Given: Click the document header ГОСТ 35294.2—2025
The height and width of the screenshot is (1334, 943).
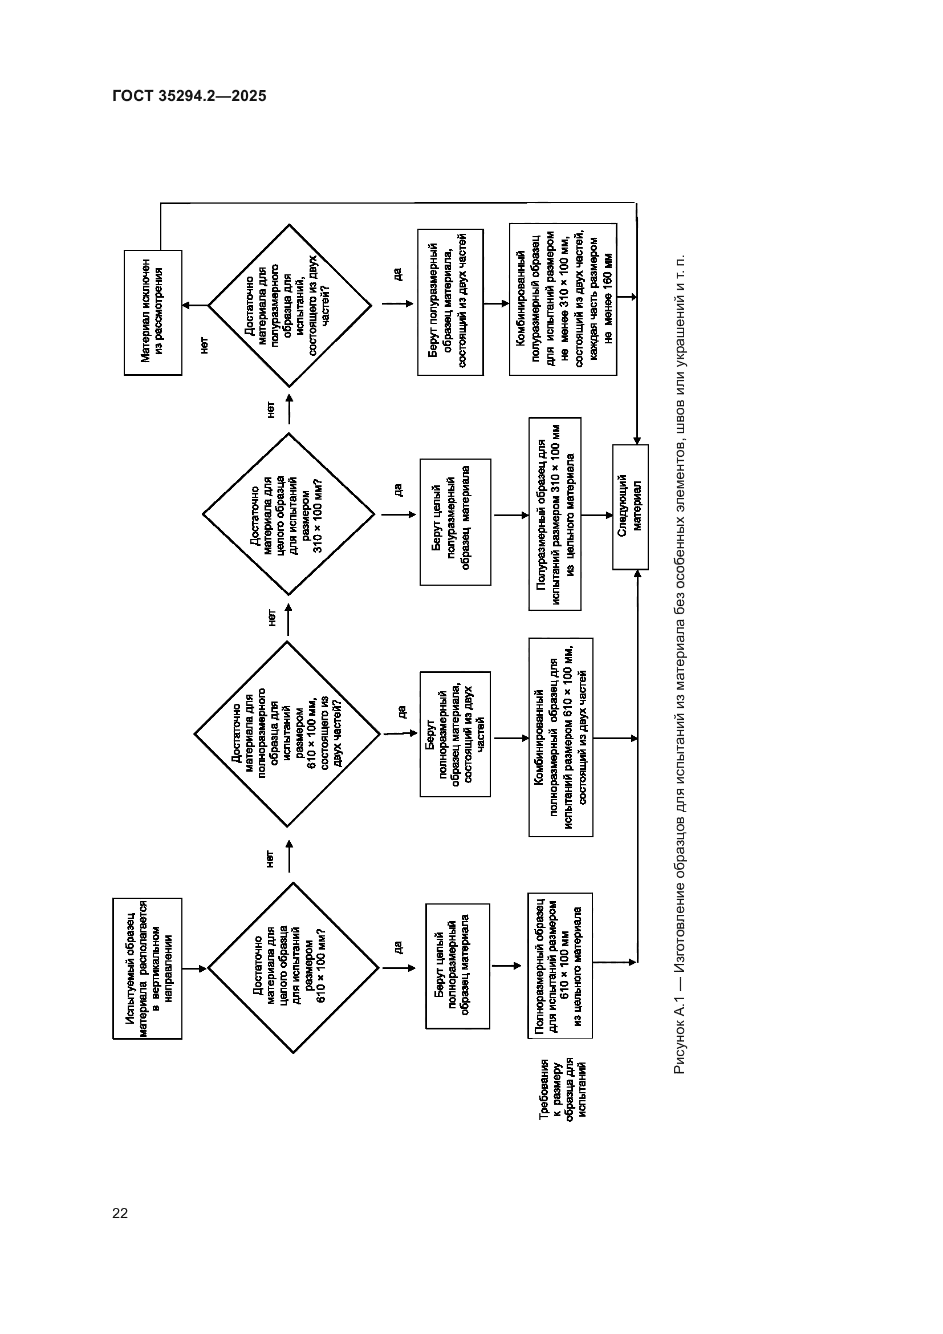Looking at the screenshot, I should pos(189,96).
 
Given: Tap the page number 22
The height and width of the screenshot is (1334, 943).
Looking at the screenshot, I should pos(120,1213).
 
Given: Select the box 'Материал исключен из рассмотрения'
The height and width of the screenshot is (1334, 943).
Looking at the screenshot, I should pos(153,313).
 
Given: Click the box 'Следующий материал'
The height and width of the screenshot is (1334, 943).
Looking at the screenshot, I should pos(630,507).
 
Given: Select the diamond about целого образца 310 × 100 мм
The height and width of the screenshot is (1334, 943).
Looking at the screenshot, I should pos(288,514).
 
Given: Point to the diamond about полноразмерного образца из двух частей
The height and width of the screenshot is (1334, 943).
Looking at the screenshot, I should pos(287,734).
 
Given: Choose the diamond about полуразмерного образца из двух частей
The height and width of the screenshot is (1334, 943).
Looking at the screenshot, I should pos(289,306).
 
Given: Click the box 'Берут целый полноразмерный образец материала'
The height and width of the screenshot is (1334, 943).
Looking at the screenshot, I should pos(458,966).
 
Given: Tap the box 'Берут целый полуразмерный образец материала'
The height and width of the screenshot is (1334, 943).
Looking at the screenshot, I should pos(455,522).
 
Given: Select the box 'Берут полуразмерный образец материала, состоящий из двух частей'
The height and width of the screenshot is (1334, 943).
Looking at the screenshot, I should pos(450,302).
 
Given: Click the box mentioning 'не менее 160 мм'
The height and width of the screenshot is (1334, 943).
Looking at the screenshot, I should pos(563,299).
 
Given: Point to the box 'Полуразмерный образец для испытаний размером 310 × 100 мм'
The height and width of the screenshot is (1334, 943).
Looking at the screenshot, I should pos(555,514).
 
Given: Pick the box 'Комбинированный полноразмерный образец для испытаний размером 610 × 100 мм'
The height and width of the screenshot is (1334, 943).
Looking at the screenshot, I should pos(560,737).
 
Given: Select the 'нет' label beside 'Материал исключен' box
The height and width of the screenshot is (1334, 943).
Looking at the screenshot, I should pos(204,345).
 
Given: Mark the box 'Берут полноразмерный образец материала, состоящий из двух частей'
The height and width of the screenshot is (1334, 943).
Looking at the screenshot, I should pos(454,735).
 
